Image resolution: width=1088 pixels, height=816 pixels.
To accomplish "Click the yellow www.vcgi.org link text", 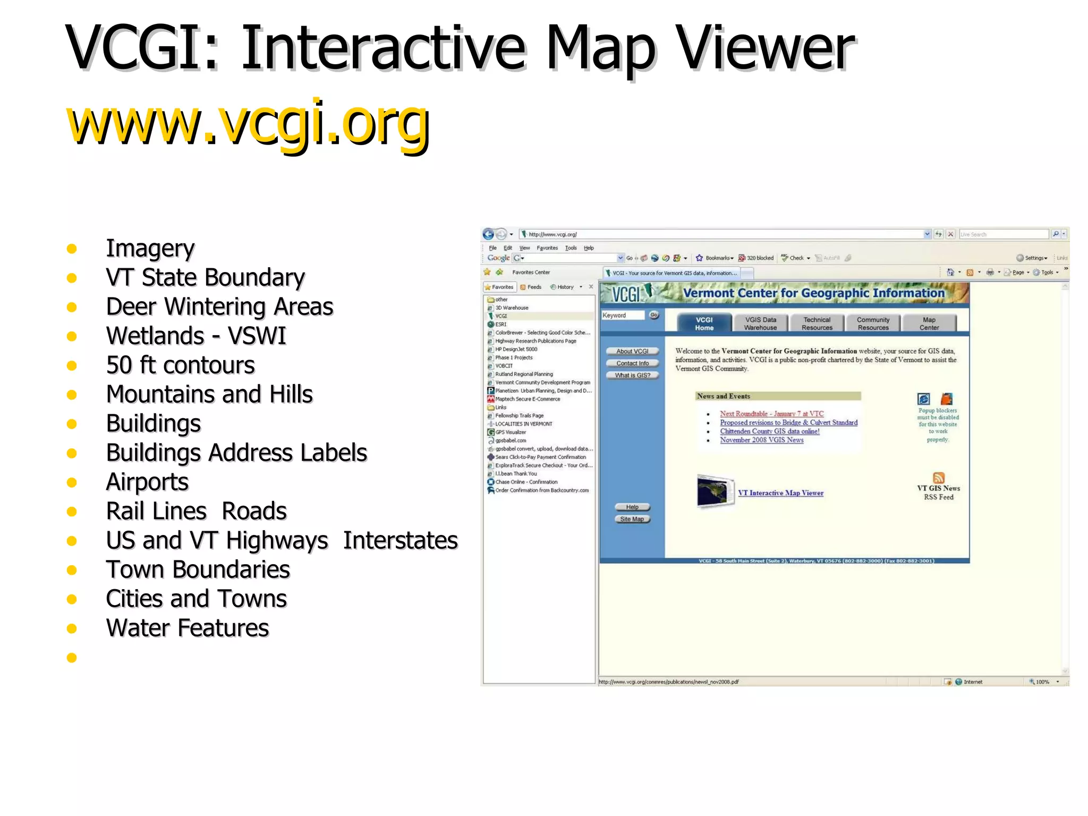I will click(248, 124).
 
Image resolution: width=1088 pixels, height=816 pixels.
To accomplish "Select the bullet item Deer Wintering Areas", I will click(219, 307).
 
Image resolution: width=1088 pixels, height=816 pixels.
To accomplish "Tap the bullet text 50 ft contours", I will click(180, 365).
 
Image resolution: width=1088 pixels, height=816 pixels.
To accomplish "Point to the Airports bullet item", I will click(147, 482).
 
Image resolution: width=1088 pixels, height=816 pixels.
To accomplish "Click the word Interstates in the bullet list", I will click(400, 540).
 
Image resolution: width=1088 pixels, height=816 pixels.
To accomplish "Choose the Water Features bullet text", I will click(188, 628).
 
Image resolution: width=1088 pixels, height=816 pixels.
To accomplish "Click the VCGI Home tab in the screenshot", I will click(704, 324).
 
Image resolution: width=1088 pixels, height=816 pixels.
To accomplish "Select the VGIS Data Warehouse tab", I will click(760, 324).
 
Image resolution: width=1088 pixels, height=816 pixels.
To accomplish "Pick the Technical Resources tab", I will click(817, 324).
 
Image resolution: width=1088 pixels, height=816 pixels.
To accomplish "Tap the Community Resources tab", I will click(873, 324).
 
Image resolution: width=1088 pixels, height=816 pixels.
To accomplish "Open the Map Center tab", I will click(929, 324).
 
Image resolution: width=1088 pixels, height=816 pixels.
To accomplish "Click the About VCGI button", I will click(632, 351).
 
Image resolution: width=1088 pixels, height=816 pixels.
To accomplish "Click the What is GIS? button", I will click(632, 375).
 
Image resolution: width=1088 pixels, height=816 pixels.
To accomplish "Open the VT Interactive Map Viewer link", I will click(780, 493).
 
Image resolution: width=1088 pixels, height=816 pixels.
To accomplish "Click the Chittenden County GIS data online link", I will click(769, 431).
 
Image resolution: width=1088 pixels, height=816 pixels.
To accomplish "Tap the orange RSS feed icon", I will click(939, 478).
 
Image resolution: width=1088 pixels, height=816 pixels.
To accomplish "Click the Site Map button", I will click(632, 519).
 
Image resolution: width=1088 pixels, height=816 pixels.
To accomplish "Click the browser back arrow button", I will click(488, 234).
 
